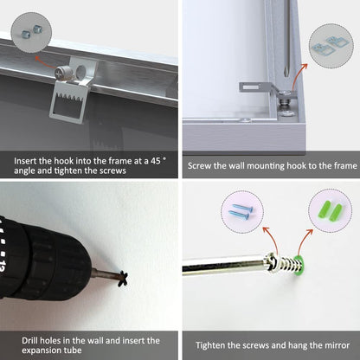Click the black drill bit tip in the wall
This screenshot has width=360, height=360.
123,279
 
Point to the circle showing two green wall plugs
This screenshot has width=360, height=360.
331,210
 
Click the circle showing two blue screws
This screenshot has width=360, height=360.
242,212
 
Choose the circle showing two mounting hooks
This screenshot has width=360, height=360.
331,47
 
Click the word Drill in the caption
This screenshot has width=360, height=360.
29,341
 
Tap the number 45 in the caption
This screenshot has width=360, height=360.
156,161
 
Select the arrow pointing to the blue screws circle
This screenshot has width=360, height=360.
272,240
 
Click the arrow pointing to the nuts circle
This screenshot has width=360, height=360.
45,62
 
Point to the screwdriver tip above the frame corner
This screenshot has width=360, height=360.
286,72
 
